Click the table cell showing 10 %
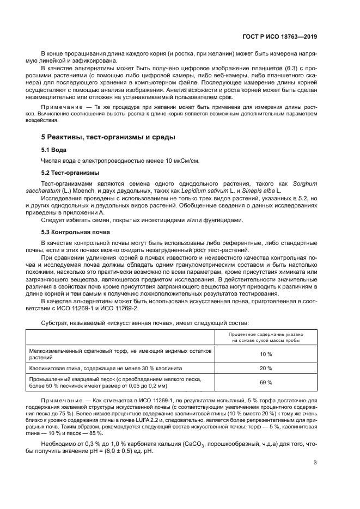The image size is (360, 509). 265,354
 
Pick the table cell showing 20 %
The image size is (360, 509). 265,368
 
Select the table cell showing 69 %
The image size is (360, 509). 265,382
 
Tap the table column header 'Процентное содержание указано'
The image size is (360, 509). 265,334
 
